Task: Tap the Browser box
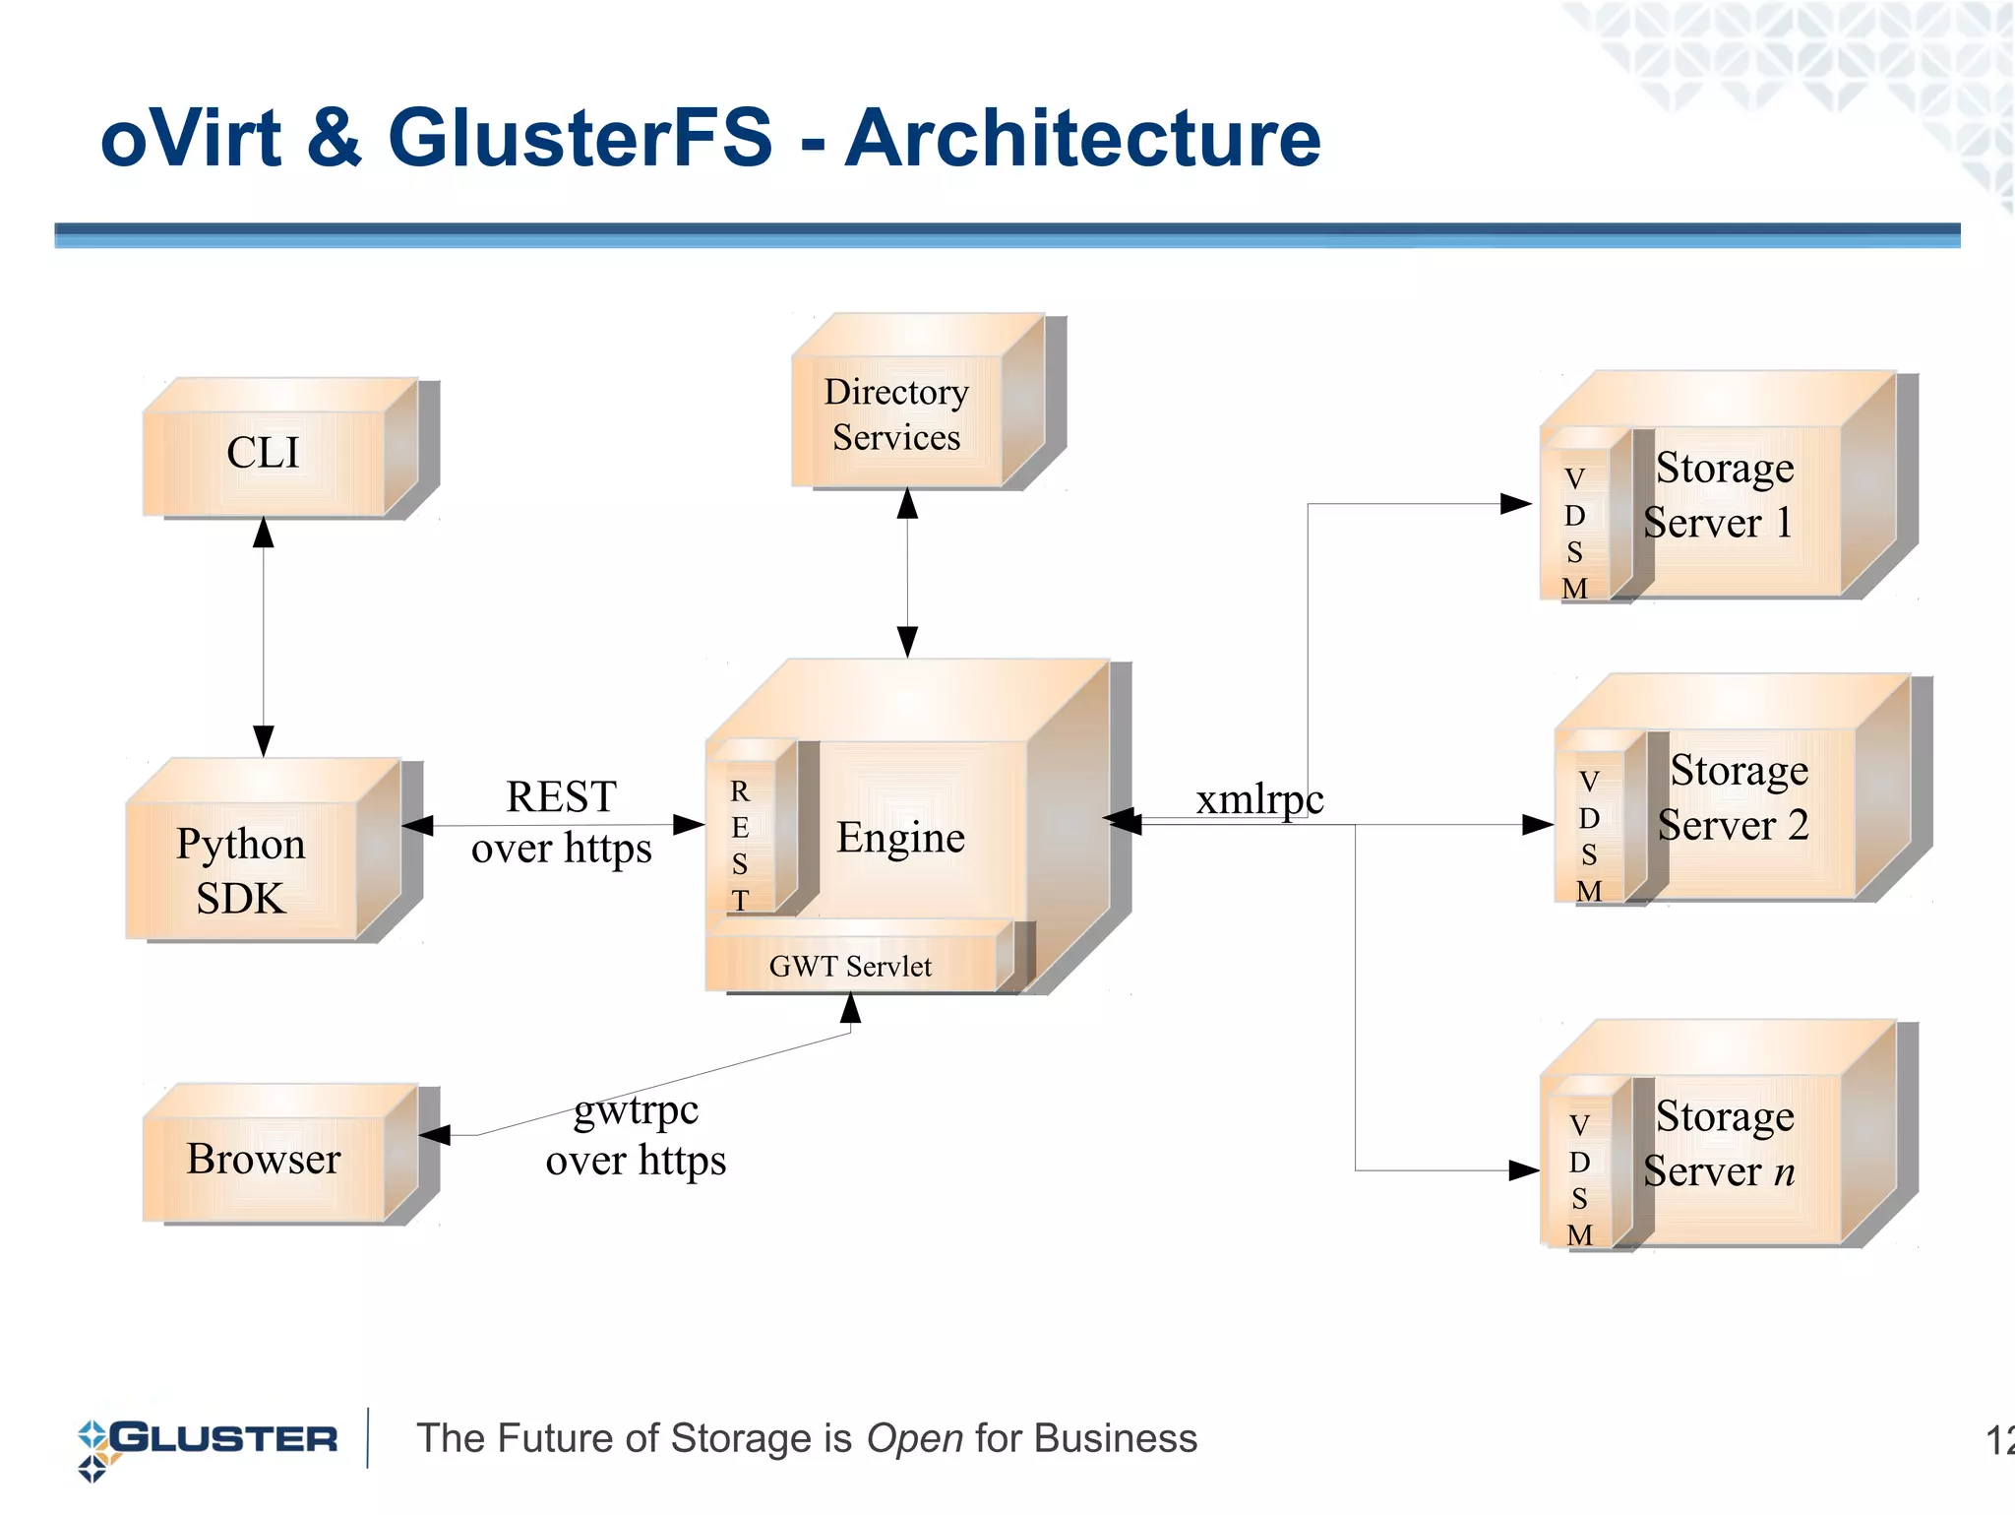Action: click(264, 1160)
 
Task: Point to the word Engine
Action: click(900, 838)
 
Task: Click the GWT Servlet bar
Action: click(850, 966)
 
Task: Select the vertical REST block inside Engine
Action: click(741, 845)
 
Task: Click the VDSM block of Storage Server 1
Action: click(1575, 532)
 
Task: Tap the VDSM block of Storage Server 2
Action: click(1589, 835)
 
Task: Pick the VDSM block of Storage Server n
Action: click(1580, 1178)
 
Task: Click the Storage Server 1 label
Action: click(1719, 495)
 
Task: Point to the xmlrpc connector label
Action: click(1259, 799)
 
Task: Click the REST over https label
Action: click(561, 823)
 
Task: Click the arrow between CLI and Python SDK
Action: click(264, 636)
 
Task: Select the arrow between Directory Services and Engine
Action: click(907, 573)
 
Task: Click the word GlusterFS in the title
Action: click(580, 138)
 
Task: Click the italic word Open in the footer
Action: click(914, 1439)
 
